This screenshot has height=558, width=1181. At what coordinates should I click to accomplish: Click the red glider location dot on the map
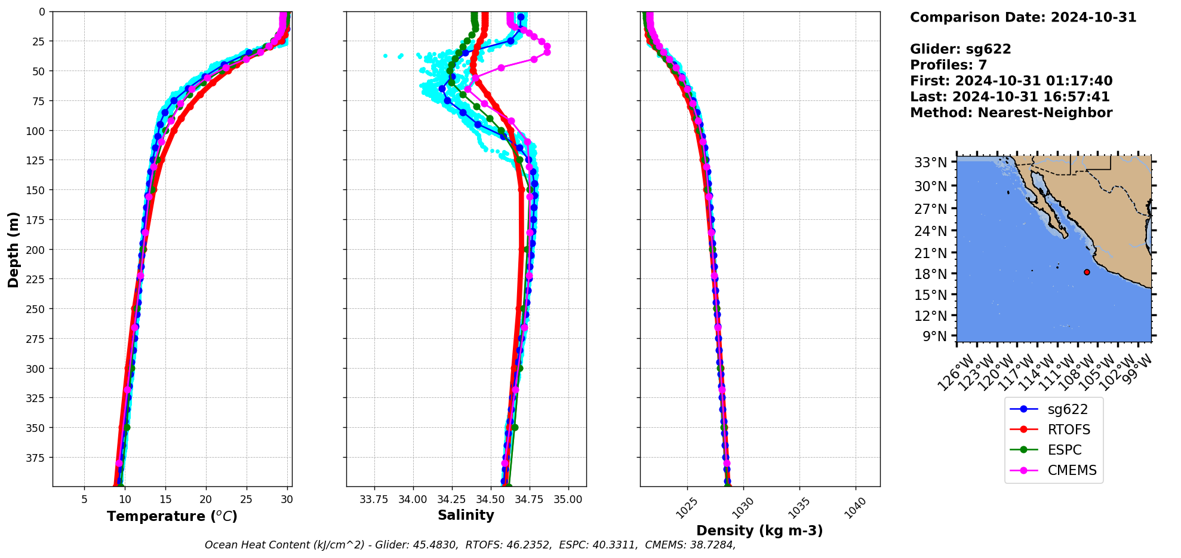[x=1087, y=272]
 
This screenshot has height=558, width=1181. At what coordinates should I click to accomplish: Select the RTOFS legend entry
[x=1068, y=430]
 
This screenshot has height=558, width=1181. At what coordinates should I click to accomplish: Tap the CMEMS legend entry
[x=1072, y=470]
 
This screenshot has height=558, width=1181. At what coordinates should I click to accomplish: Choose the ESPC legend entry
[x=1065, y=450]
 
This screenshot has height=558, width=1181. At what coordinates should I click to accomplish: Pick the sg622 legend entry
[x=1068, y=409]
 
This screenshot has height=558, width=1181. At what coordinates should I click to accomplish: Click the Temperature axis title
[x=172, y=516]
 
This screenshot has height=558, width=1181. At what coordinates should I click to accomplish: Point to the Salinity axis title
[x=466, y=515]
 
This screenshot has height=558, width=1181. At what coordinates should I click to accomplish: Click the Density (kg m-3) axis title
[x=759, y=531]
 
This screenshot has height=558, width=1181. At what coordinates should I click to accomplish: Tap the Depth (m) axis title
[x=13, y=249]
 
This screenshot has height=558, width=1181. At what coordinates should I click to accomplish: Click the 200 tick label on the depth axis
[x=36, y=250]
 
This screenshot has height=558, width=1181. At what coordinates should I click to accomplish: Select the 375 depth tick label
[x=36, y=458]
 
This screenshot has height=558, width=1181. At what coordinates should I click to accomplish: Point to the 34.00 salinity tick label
[x=413, y=499]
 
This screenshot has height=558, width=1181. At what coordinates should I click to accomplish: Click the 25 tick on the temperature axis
[x=246, y=499]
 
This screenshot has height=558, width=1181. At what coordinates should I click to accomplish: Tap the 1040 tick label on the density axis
[x=856, y=508]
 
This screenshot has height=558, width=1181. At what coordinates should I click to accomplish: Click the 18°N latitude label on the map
[x=931, y=274]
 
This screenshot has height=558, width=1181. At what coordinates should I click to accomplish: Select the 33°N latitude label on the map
[x=931, y=163]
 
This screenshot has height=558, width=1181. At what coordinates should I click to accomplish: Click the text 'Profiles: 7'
[x=948, y=65]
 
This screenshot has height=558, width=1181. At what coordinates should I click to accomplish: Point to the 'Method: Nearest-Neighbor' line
[x=1011, y=113]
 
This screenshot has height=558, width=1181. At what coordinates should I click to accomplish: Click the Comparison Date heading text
[x=1023, y=17]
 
